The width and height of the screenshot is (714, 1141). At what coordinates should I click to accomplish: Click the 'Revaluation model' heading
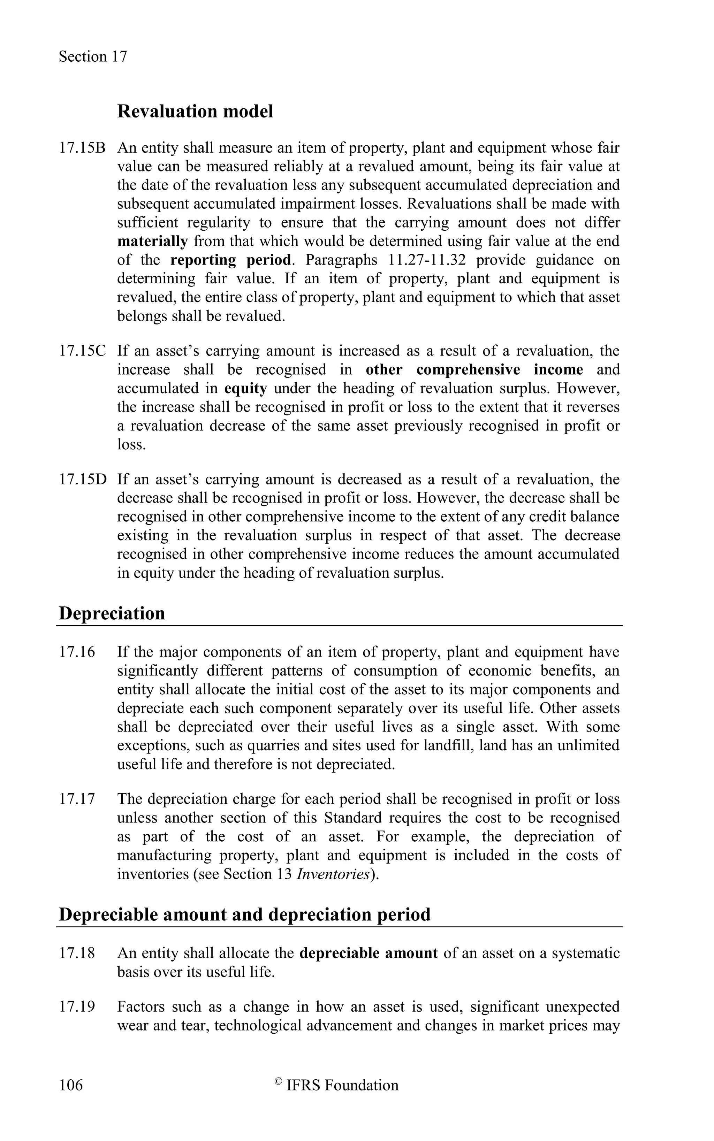[195, 112]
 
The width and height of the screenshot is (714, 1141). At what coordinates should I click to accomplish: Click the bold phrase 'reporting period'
[230, 260]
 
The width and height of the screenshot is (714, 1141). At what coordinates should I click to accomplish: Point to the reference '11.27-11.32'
[425, 260]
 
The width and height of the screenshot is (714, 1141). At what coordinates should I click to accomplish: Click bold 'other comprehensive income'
[474, 370]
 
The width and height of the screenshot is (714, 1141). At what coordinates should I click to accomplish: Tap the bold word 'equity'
[245, 389]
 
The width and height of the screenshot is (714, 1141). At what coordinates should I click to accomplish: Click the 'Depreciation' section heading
[112, 613]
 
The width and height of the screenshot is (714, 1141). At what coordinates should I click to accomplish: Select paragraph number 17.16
[76, 652]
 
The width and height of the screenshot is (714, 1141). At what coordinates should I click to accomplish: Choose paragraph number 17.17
[76, 799]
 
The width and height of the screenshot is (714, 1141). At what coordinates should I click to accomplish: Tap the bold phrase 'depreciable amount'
[369, 953]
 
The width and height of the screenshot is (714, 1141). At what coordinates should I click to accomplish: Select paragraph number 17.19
[76, 1006]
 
